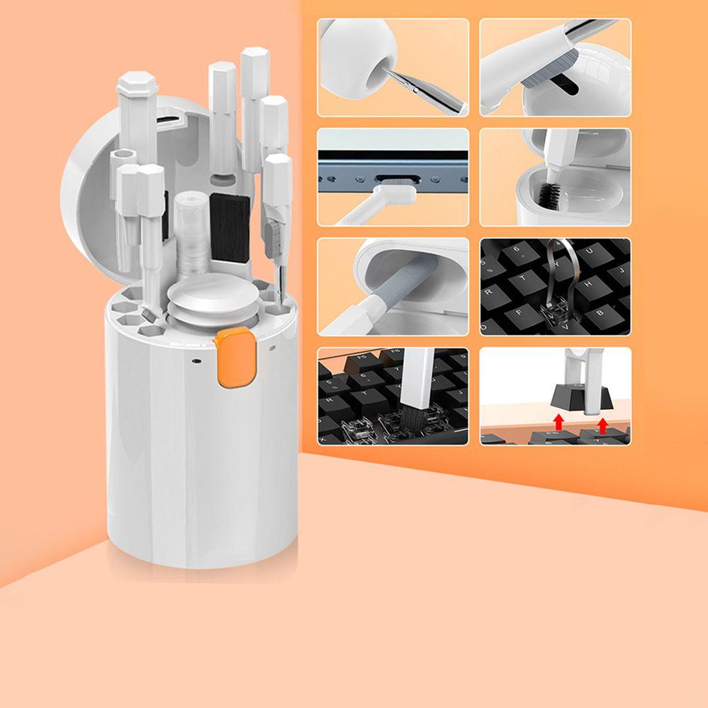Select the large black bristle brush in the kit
click(229, 226)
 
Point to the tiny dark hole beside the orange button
click(196, 360)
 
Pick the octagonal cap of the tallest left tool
click(138, 85)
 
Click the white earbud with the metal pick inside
click(357, 59)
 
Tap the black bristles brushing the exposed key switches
click(410, 414)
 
